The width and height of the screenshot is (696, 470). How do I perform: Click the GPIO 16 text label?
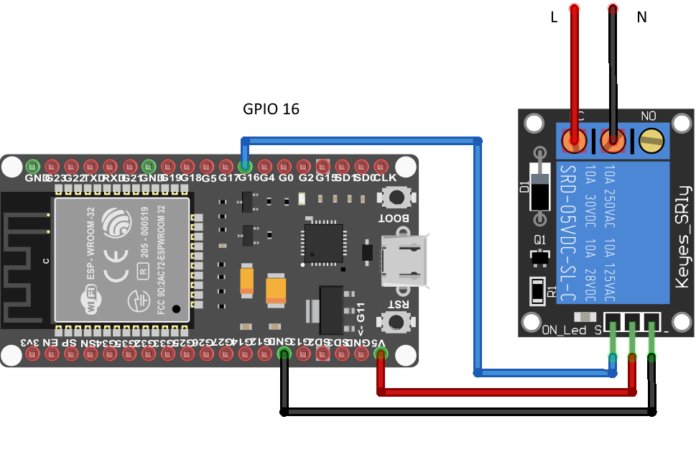271,109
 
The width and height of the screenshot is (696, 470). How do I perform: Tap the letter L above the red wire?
553,18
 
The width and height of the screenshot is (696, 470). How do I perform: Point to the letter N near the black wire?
641,18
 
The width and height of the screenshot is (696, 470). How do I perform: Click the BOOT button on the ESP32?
394,196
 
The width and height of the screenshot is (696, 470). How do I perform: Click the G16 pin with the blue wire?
245,165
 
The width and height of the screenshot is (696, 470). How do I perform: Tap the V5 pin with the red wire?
380,354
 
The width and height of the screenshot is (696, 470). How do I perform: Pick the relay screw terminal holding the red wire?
574,140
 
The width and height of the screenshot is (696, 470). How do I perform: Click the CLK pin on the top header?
386,165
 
